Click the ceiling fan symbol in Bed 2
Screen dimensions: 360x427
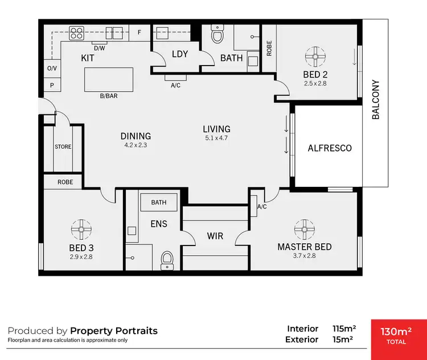[x=314, y=56]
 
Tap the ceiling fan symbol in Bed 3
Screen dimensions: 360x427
[x=81, y=230]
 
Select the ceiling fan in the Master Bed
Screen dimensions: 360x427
[x=304, y=229]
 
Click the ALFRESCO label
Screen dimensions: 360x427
[x=330, y=148]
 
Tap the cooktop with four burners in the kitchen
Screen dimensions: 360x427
[x=77, y=34]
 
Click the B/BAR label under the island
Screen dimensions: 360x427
[x=109, y=96]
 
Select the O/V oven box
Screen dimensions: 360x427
[x=51, y=68]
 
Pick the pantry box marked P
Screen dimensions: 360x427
[x=51, y=85]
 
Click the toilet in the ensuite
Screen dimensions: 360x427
[x=167, y=260]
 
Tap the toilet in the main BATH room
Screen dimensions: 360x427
[x=217, y=35]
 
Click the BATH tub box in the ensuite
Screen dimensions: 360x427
[x=159, y=202]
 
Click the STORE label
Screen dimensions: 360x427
[x=63, y=146]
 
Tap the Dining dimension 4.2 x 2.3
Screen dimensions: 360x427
[x=136, y=145]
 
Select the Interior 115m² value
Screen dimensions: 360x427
[x=344, y=329]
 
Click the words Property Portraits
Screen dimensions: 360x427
[x=114, y=330]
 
